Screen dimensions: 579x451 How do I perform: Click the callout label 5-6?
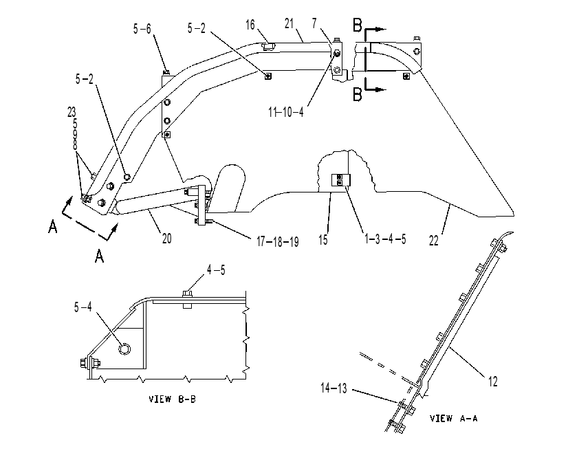[142, 29]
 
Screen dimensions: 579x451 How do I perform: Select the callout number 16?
[250, 25]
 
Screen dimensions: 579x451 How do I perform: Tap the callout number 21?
[289, 23]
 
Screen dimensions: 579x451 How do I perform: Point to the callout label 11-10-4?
[286, 112]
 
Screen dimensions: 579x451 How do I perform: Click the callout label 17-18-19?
[278, 242]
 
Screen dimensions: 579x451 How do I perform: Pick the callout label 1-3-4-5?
[385, 239]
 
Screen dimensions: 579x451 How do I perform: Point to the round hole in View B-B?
[125, 349]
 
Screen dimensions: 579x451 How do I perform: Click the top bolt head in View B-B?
[188, 294]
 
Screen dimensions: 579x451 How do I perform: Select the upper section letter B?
[358, 25]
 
